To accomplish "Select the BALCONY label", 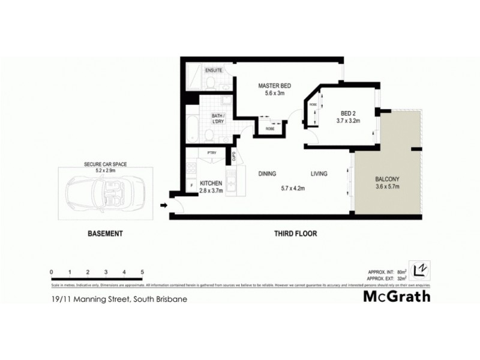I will click(x=387, y=179).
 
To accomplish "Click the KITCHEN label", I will click(x=211, y=183).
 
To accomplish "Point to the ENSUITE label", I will click(x=214, y=71).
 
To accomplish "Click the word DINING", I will click(x=267, y=174).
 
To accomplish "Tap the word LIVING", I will click(x=319, y=174).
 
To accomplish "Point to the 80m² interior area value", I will click(x=397, y=271).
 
